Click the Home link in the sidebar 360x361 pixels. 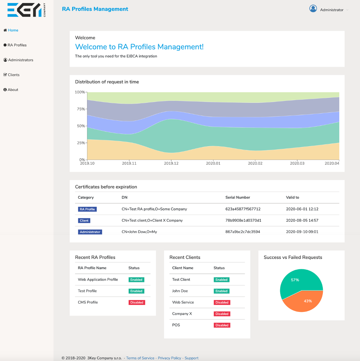(x=13, y=30)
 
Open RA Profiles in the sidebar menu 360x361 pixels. (x=17, y=45)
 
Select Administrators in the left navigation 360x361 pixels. (x=20, y=60)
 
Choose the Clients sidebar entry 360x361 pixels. (x=13, y=75)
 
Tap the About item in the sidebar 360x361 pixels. (x=13, y=90)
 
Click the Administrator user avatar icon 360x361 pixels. (x=313, y=9)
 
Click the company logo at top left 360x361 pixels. (x=26, y=10)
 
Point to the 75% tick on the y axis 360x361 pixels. (x=81, y=109)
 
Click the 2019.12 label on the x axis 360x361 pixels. (x=171, y=163)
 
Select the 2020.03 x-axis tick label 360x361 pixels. (x=297, y=163)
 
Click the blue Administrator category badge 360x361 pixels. (x=90, y=232)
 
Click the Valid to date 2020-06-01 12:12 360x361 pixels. (x=302, y=209)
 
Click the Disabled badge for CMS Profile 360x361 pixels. (x=136, y=302)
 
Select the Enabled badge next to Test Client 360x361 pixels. (x=221, y=280)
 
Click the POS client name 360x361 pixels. (x=176, y=325)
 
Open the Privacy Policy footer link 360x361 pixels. (x=169, y=358)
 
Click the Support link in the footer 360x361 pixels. (x=191, y=358)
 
